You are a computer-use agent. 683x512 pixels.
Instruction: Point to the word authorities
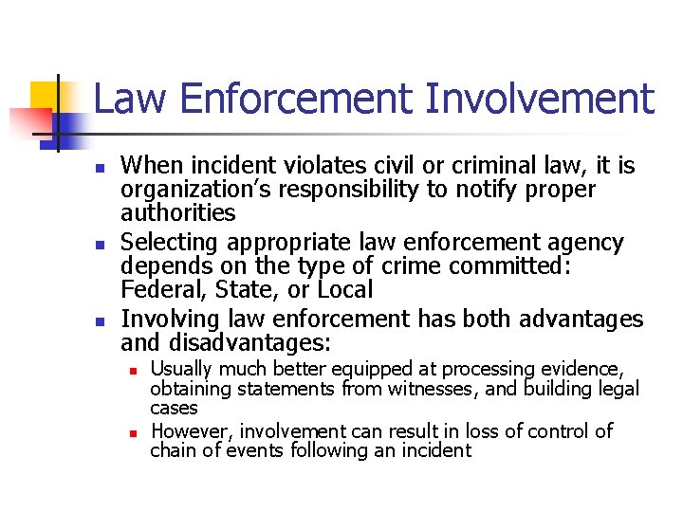click(178, 212)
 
